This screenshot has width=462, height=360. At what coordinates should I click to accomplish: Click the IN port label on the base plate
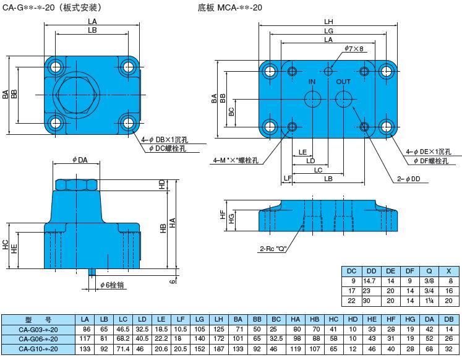[x=312, y=82]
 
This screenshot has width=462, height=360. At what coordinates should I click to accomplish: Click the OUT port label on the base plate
[x=343, y=82]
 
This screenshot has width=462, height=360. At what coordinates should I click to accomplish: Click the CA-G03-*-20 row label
[x=38, y=328]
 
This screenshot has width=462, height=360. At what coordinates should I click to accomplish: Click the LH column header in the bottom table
[x=217, y=319]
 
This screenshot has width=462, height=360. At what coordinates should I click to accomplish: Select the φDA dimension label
[x=80, y=160]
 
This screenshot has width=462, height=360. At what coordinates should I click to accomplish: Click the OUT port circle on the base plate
[x=344, y=98]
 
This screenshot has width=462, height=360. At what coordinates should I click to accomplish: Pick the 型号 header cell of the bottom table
[x=38, y=319]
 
